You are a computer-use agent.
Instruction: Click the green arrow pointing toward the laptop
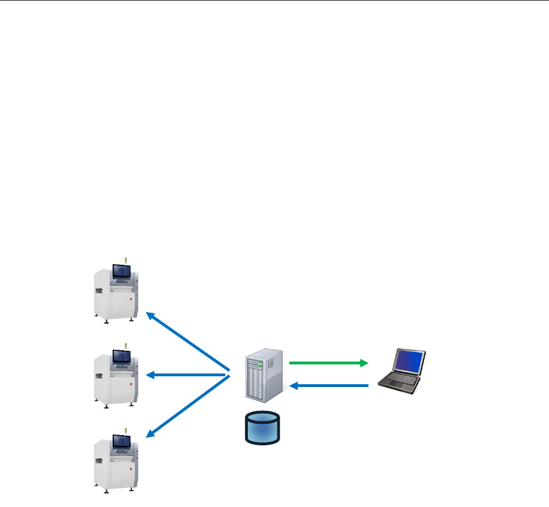coord(325,363)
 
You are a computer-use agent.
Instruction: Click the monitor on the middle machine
coord(122,356)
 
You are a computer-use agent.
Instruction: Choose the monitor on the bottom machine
coord(122,442)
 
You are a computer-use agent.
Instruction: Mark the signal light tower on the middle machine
coord(126,345)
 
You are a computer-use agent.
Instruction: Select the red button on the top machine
coord(131,299)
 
